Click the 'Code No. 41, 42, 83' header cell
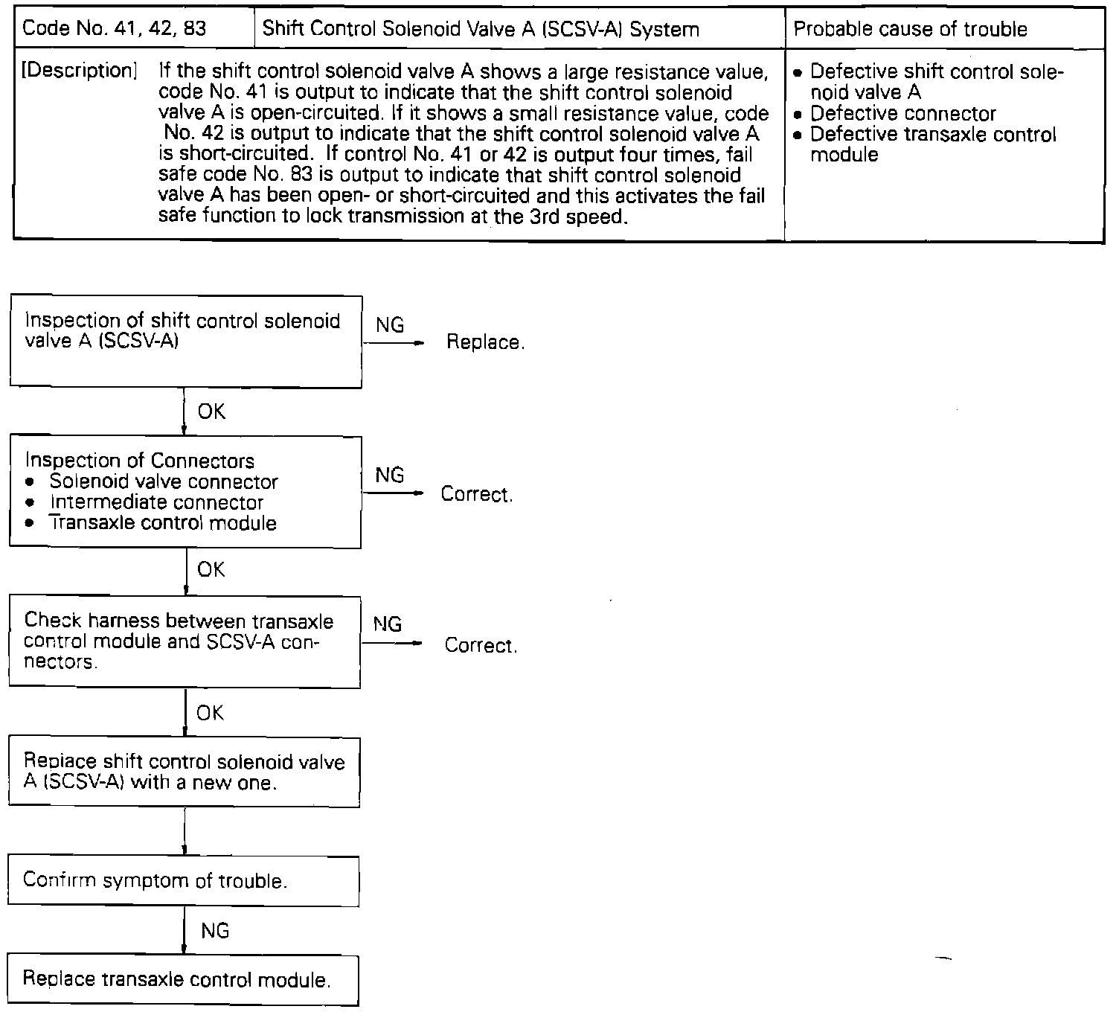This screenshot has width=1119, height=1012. click(x=115, y=29)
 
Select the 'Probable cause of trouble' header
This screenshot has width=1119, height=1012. click(x=911, y=29)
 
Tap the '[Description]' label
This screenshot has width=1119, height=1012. click(x=80, y=71)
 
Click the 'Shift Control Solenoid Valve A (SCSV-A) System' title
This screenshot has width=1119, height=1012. click(x=481, y=29)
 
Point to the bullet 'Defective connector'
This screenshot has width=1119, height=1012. click(x=902, y=114)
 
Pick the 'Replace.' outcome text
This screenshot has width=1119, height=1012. click(x=485, y=342)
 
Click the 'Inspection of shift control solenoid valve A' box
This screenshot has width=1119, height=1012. click(x=185, y=342)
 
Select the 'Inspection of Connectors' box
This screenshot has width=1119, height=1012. click(x=185, y=492)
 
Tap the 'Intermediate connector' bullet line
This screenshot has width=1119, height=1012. click(x=156, y=502)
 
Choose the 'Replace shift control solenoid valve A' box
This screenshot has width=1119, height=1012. click(x=184, y=772)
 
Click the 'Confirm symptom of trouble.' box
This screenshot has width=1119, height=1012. click(x=183, y=881)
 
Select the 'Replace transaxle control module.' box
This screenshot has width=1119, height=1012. click(x=182, y=979)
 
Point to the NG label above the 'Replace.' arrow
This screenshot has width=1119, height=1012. click(x=390, y=324)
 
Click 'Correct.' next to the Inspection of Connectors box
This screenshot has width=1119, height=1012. click(x=477, y=495)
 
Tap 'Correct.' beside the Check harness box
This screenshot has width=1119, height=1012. click(x=481, y=645)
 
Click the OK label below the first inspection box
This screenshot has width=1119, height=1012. click(x=211, y=411)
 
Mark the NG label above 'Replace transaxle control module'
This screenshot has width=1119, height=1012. click(x=215, y=930)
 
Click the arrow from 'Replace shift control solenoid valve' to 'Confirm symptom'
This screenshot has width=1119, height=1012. click(x=184, y=831)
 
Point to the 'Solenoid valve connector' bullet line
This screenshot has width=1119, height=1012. click(x=163, y=481)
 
